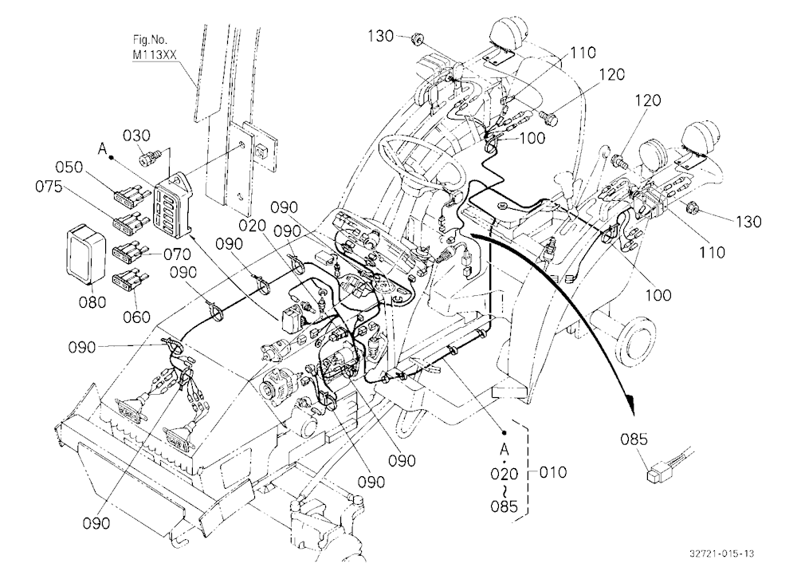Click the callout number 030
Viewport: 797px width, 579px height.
[x=137, y=136]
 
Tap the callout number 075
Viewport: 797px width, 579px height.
[x=49, y=187]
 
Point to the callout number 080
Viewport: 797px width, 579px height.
[x=92, y=302]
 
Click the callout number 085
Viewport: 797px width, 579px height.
[x=634, y=439]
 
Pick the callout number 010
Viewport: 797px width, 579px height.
[x=552, y=472]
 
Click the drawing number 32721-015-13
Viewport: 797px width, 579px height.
[x=722, y=553]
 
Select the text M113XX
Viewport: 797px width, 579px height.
[x=155, y=55]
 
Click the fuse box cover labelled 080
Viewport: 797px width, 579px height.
[x=86, y=254]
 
